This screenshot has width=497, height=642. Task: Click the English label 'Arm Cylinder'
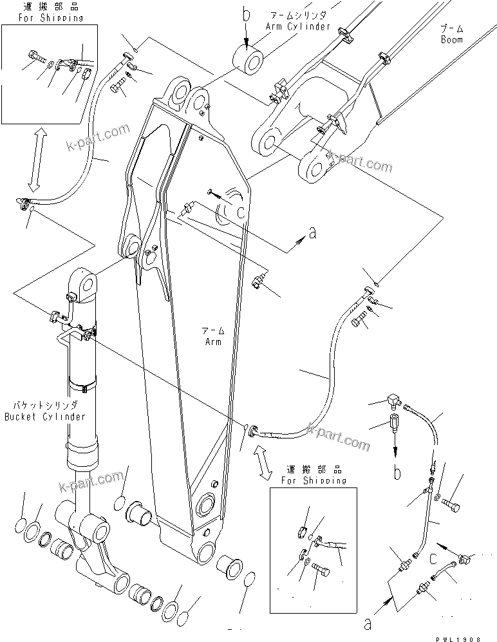pos(297,26)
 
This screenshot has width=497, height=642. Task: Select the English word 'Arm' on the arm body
pos(213,341)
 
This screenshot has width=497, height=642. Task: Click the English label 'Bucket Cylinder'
pos(44,417)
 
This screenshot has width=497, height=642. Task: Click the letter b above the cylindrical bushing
pos(246,14)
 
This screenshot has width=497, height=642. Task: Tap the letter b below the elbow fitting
pos(397,473)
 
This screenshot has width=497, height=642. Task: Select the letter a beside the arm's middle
pos(312,234)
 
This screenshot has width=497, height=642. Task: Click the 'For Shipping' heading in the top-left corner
pos(42,17)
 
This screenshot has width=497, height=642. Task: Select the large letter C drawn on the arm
pos(240,213)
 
